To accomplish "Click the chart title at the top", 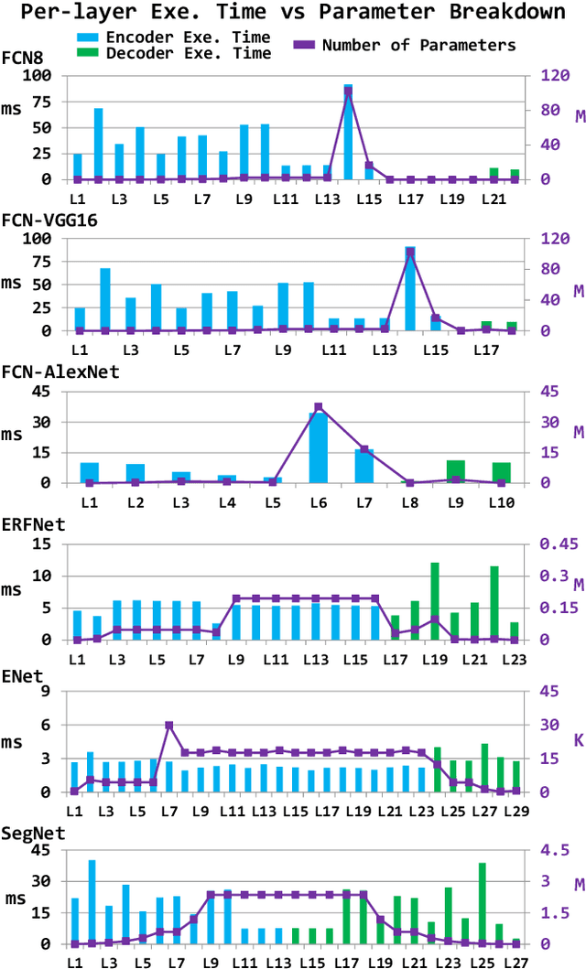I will (292, 13).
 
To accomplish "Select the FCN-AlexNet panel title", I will (60, 371).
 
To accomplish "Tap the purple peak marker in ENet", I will (169, 726).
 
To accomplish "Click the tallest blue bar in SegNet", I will (92, 901).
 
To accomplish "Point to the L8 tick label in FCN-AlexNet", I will (409, 502).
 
